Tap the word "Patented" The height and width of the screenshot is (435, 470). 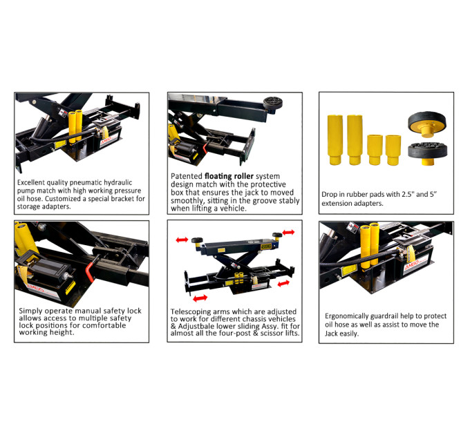(187, 176)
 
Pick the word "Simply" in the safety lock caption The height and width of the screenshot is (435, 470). (29, 311)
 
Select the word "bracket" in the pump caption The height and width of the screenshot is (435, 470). (122, 198)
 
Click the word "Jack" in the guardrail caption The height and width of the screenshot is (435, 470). (331, 333)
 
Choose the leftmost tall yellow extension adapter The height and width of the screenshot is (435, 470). (335, 139)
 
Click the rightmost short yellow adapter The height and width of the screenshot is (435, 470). (393, 150)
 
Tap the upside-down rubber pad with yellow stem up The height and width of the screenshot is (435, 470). (427, 124)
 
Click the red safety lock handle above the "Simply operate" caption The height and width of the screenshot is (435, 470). (91, 270)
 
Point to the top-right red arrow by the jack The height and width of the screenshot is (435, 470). (288, 232)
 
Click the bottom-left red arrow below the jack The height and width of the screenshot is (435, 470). (200, 298)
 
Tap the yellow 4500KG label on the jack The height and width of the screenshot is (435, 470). (265, 246)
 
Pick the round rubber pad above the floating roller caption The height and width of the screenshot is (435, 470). (273, 103)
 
